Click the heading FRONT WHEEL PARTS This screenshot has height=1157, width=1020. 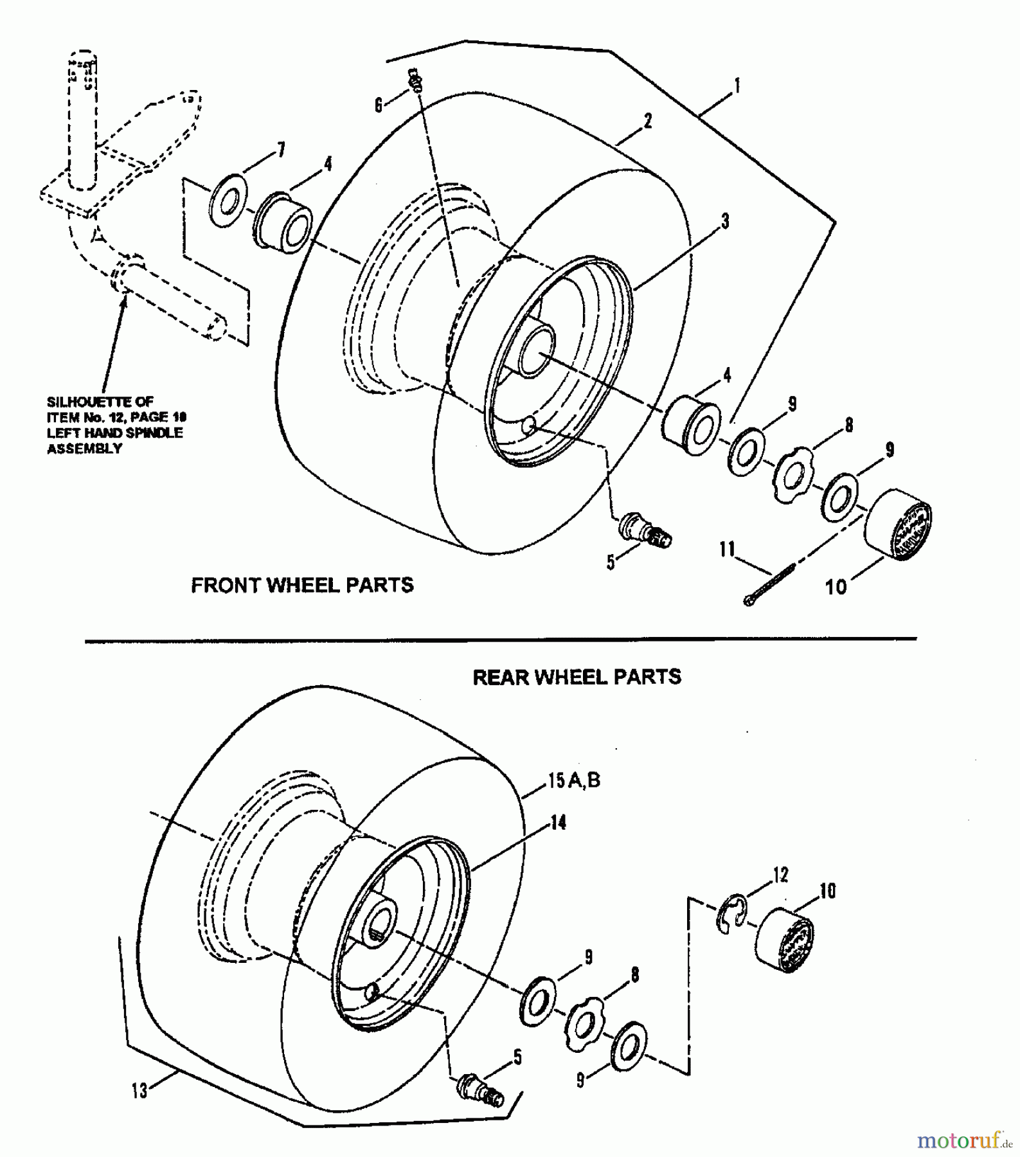coord(302,585)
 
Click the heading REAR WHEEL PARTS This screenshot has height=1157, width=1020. coord(577,677)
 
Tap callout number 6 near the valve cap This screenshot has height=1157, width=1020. coord(379,105)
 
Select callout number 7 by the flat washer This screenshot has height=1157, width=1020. coord(280,151)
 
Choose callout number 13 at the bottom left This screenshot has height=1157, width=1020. coord(140,1090)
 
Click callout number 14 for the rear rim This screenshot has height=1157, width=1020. coord(558,822)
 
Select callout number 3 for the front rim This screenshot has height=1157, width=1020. coord(724,222)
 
